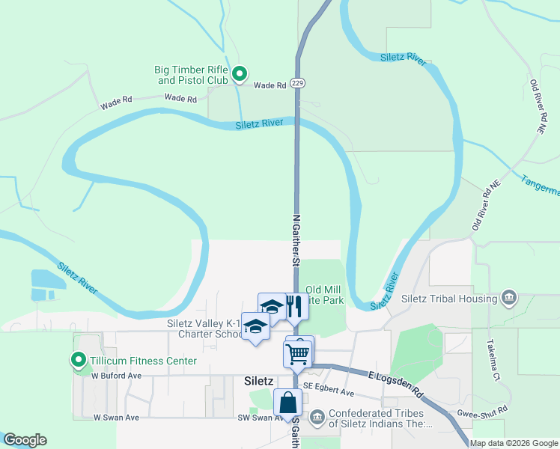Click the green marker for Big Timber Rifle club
pos(240,73)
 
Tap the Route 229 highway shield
pos(298,82)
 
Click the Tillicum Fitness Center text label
pos(143,361)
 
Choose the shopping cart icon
pos(297,354)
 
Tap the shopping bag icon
pos(287,403)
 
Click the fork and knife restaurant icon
pos(293,307)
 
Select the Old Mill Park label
pos(325,295)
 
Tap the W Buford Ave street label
pos(116,376)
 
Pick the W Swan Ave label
pos(116,417)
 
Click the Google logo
pos(25,440)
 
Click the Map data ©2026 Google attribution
pos(514,443)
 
